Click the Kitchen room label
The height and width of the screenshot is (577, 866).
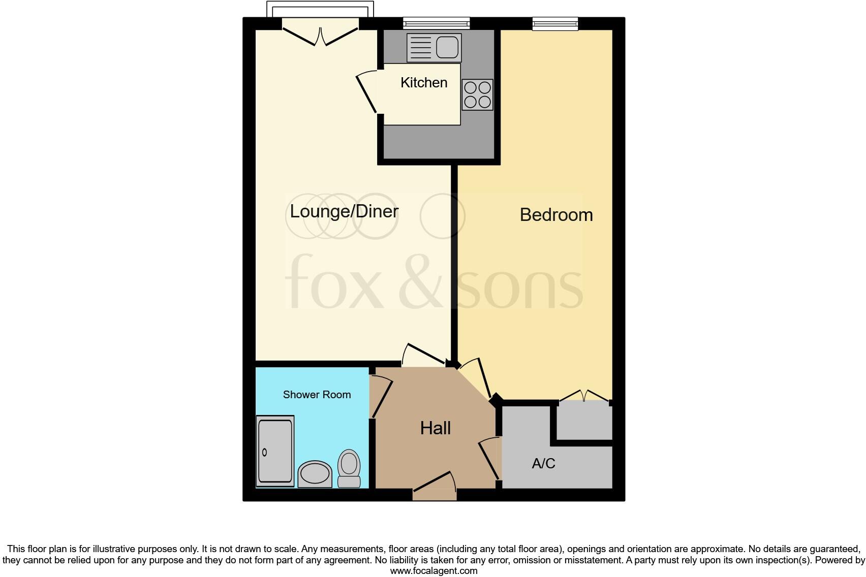click(423, 82)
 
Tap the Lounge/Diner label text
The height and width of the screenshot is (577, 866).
click(344, 211)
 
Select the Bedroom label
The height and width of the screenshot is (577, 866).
click(556, 215)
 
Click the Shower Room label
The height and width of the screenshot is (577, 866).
click(317, 395)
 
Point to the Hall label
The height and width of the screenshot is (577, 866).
click(435, 428)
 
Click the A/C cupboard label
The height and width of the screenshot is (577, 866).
click(543, 463)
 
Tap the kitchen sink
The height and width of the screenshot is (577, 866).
click(434, 47)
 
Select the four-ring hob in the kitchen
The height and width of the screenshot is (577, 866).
click(477, 94)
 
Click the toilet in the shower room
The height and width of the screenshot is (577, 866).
click(349, 468)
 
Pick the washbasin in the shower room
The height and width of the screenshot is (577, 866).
click(315, 474)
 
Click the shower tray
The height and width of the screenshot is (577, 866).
click(275, 451)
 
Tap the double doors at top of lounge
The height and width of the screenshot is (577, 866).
click(320, 35)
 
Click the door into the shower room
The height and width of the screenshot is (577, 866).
click(382, 398)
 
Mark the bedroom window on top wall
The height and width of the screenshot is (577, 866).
click(555, 23)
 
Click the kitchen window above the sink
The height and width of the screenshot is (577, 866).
click(436, 23)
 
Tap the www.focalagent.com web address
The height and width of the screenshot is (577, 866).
click(434, 571)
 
